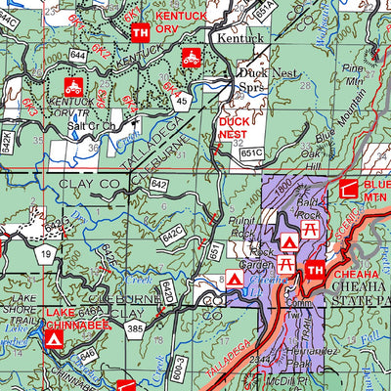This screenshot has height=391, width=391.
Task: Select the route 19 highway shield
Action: pos(45,254)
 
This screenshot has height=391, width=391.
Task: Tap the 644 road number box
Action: pos(77,57)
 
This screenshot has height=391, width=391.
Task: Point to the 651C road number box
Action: pos(251,152)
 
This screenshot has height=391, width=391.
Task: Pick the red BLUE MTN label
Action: pos(374,192)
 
